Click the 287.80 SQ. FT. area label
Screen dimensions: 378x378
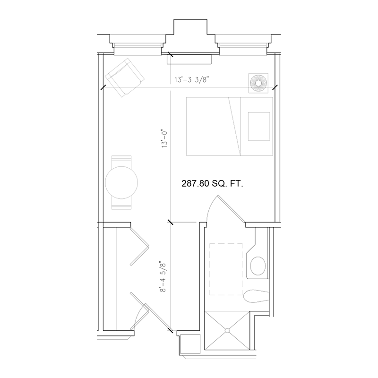coord(212,185)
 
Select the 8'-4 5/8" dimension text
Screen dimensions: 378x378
coord(163,276)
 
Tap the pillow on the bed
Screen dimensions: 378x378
coord(259,126)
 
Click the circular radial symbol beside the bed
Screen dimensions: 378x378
coord(258,84)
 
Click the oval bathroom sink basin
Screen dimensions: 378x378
coord(258,266)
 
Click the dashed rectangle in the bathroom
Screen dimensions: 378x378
coord(225,269)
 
